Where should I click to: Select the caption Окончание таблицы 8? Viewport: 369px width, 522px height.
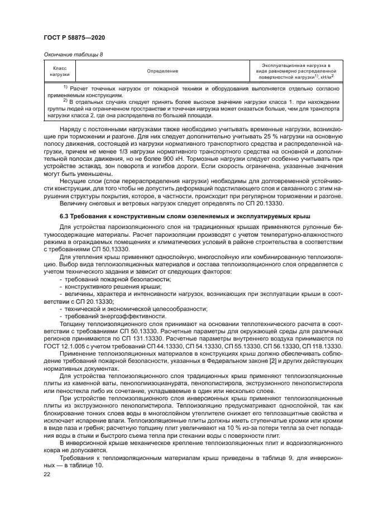tap(72, 54)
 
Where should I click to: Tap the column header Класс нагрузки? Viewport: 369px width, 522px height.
tap(60, 71)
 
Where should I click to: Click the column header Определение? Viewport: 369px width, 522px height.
tap(162, 71)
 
